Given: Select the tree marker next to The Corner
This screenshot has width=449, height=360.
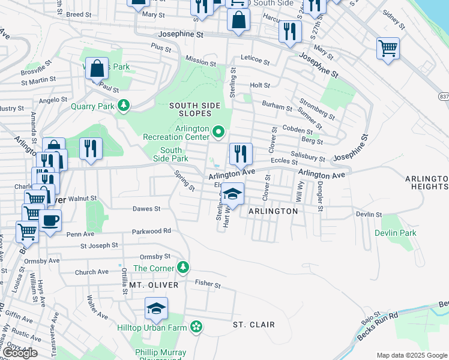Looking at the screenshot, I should pos(184,268).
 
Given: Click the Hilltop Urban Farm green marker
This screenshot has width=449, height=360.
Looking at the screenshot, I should pos(196,327).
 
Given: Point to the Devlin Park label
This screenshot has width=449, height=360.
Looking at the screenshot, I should pos(395,233).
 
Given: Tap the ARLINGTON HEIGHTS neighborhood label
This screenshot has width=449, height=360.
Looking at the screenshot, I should pos(426,183).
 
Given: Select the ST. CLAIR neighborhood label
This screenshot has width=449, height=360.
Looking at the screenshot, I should pos(254,325).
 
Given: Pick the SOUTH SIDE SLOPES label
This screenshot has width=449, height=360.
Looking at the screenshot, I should pos(190,109).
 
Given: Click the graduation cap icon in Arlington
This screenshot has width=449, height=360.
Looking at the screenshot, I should pos(232,194).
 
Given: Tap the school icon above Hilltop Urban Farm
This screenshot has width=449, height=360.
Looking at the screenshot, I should pos(156,308).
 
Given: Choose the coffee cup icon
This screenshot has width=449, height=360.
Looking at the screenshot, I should pos(50,220).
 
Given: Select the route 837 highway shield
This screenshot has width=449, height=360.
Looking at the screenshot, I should pos(444,96).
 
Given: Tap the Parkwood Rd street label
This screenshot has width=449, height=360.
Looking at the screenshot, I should pos(151,230).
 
